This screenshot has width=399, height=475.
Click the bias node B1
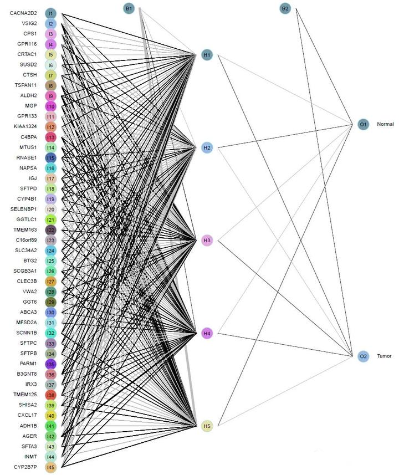tap(129, 8)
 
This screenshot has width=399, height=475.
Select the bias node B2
tap(285, 8)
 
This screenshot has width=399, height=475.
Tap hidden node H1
tap(207, 55)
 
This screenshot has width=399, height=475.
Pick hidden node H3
tap(207, 241)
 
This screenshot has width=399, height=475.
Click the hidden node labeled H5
tap(207, 426)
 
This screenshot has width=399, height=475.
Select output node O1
tap(363, 124)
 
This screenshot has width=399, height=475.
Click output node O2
tap(363, 356)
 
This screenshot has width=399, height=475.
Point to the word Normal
tap(385, 124)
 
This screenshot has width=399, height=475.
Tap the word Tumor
tap(384, 356)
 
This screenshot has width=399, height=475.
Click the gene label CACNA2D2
tap(24, 13)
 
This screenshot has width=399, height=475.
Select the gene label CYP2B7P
tap(25, 467)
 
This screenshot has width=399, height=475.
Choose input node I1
tap(50, 13)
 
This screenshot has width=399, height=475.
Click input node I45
tap(50, 467)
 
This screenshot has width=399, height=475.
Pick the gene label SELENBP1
tap(24, 209)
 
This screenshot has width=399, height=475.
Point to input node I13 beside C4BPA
tap(50, 137)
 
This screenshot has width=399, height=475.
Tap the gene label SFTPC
tap(29, 343)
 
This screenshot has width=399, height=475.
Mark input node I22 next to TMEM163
tap(50, 230)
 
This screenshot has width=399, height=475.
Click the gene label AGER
tap(30, 436)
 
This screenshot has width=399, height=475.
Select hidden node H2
tap(207, 148)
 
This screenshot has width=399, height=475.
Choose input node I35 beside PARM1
tap(50, 364)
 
